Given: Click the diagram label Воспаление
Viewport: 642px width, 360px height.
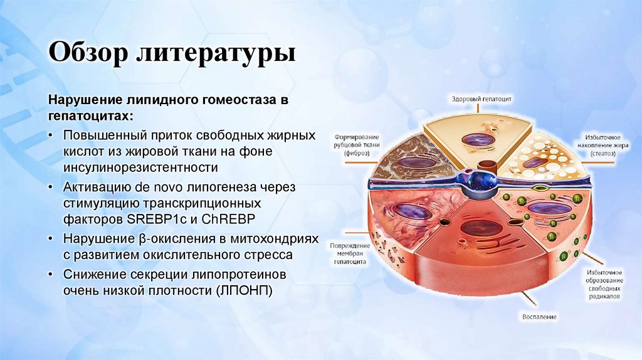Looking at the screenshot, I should (x=539, y=317).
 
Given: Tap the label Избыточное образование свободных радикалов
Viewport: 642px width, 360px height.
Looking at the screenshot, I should (x=604, y=284).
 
